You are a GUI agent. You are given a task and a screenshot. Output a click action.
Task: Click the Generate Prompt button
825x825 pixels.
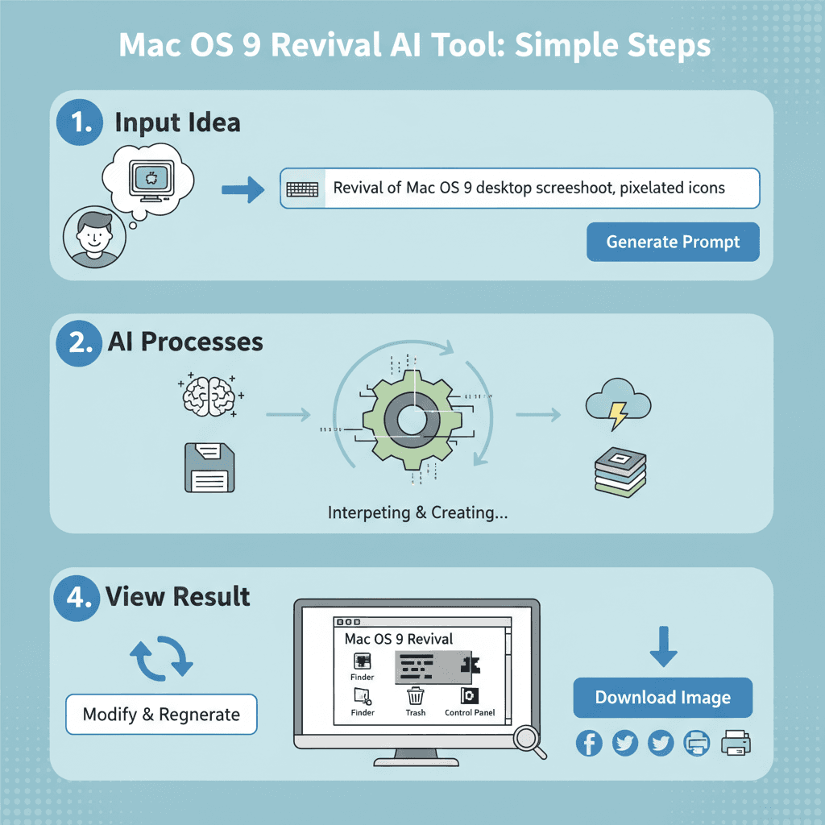click(x=673, y=242)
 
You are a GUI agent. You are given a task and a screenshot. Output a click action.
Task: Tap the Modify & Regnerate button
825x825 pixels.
click(x=161, y=714)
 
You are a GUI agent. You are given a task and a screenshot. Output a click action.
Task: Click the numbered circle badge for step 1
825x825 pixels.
click(x=80, y=123)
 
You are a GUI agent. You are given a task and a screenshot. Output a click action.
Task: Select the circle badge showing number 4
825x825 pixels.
click(x=77, y=597)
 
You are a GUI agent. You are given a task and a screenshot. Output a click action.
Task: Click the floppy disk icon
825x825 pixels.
click(x=209, y=467)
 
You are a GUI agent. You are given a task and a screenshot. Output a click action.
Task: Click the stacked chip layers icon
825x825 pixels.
click(x=620, y=471)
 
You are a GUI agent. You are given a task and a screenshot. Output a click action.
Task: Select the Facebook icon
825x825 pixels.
click(x=589, y=743)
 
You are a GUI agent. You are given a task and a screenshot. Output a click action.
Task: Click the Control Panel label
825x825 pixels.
click(x=470, y=713)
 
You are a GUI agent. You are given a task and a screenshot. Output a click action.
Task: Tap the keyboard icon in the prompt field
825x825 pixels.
click(x=303, y=189)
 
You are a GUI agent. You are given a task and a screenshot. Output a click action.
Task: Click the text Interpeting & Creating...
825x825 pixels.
click(x=417, y=512)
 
